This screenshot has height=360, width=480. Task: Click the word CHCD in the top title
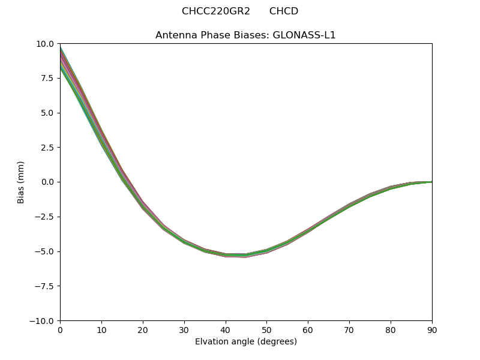click(x=284, y=11)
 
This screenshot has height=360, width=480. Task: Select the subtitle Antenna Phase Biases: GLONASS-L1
click(x=245, y=35)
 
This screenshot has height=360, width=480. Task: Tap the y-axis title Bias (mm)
click(x=21, y=182)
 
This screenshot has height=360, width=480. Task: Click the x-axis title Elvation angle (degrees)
click(x=245, y=342)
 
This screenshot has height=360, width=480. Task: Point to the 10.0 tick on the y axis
click(x=46, y=44)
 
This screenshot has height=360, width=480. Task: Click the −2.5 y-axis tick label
click(x=45, y=217)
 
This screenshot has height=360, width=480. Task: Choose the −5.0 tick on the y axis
click(x=45, y=251)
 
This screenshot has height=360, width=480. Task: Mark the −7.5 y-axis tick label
click(x=45, y=286)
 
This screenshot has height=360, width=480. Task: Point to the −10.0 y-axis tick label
click(x=43, y=321)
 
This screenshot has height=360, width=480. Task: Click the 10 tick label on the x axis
click(x=101, y=330)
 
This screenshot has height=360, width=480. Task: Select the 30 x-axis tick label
click(x=184, y=330)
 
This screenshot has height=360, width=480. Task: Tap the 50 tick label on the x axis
click(x=266, y=330)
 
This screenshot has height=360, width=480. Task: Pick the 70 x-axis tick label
click(x=349, y=330)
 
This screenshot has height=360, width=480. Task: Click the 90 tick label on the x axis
click(x=431, y=330)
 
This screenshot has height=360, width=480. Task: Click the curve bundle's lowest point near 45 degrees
click(x=246, y=256)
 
